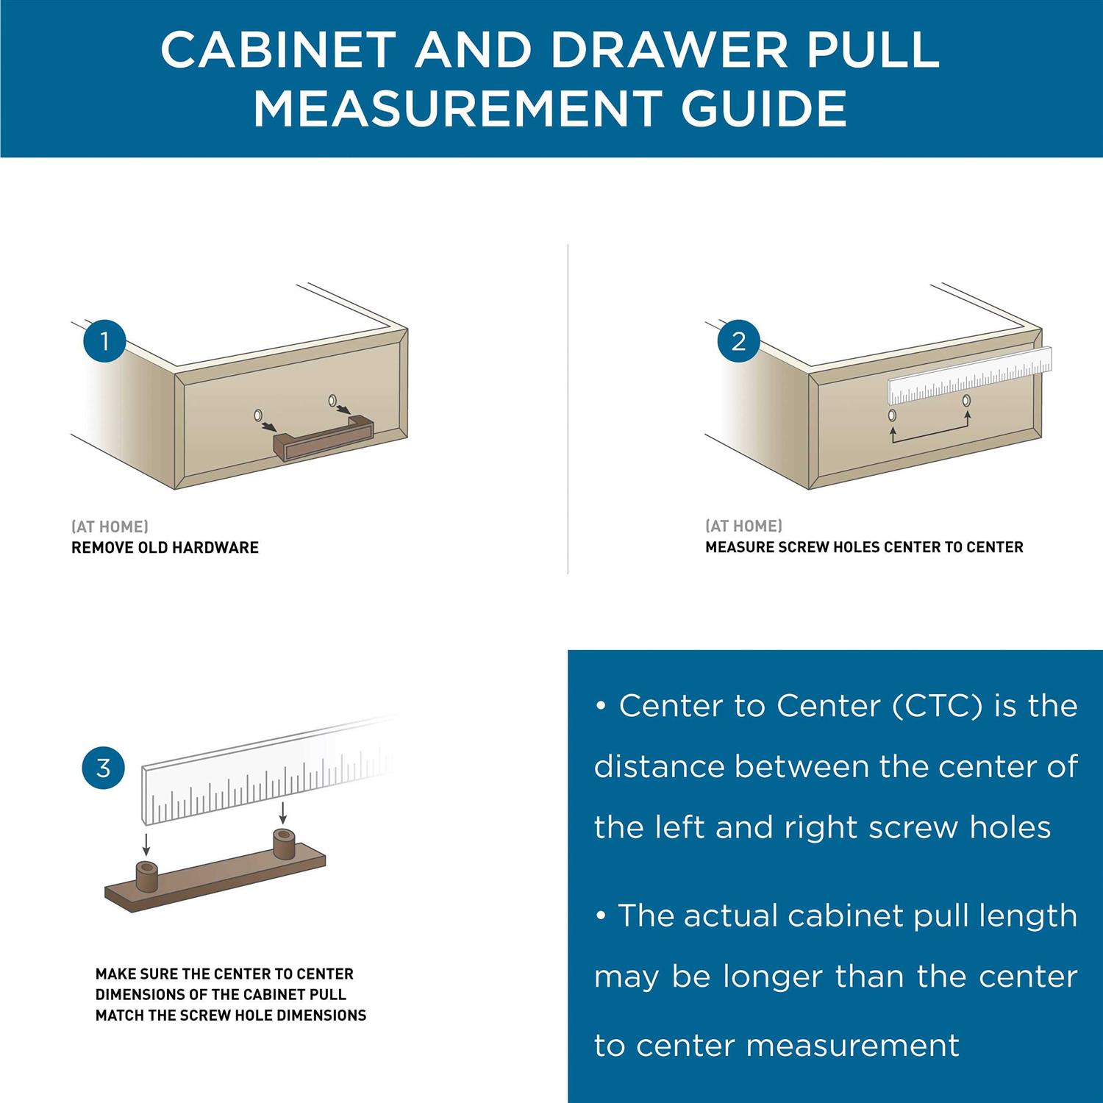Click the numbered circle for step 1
tap(104, 341)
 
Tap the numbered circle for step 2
tap(738, 341)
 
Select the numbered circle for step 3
tap(104, 768)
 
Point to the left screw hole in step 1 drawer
tap(258, 415)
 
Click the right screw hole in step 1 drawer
tap(332, 400)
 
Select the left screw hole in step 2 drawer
tap(892, 415)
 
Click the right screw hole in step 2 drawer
tap(966, 401)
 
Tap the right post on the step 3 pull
tap(284, 843)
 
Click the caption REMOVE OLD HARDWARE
tap(165, 548)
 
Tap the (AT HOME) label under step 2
tap(743, 526)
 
